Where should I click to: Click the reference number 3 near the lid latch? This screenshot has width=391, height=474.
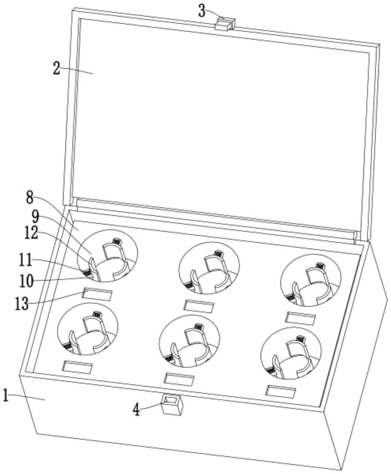coord(202,11)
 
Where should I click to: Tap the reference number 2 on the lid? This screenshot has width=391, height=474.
coord(57,68)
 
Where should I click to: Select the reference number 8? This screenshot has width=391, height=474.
coord(30,198)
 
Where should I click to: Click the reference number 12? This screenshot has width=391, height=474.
coord(31,233)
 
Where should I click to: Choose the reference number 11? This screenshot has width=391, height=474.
coord(26,260)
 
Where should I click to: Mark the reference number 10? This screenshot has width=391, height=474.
coord(27,281)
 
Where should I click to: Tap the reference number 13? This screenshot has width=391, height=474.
coord(22,303)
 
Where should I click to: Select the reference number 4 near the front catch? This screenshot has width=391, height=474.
coord(136,410)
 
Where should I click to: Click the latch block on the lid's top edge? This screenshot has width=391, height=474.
coord(225,24)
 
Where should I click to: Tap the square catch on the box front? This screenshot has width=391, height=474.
coord(172,404)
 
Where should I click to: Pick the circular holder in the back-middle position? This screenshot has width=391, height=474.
coord(209,268)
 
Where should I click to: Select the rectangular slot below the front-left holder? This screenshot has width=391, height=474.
coord(78,367)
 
